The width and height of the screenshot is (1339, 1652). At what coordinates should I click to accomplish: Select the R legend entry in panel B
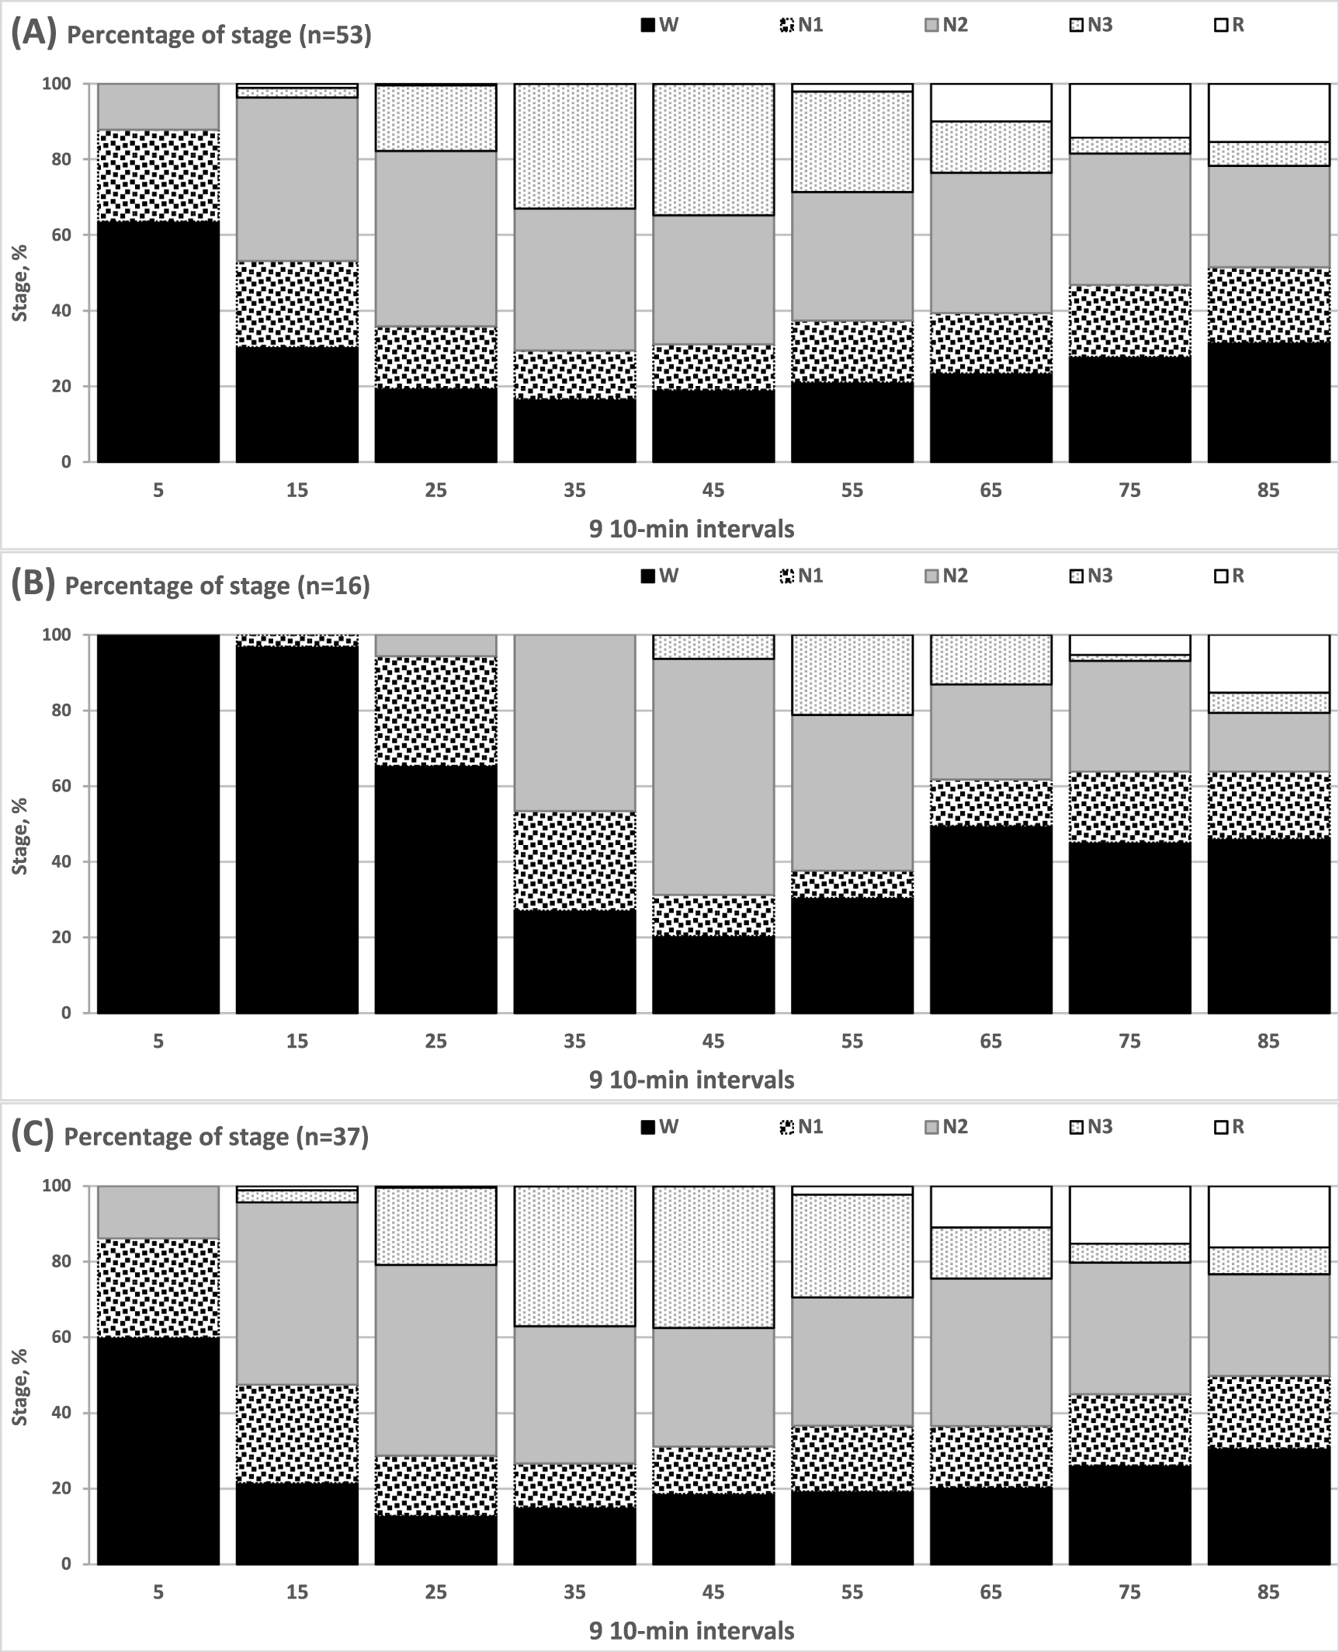1230,576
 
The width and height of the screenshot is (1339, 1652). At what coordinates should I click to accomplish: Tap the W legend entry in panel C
660,1126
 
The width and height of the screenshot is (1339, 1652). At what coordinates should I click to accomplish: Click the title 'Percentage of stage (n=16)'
217,586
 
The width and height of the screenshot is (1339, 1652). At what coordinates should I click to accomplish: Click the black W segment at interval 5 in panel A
158,342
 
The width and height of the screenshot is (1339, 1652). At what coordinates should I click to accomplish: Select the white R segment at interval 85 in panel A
1268,113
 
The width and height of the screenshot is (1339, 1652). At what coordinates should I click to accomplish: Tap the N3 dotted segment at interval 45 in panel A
713,149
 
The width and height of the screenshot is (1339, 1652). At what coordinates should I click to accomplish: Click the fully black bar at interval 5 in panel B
158,823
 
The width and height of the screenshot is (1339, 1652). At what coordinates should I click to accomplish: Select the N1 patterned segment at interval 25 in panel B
435,711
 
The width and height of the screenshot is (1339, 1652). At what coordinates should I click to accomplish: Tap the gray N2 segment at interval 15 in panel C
297,1293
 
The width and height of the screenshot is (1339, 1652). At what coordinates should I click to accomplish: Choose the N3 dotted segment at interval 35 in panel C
574,1256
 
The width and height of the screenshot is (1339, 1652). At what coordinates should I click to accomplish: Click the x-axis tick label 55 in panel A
852,490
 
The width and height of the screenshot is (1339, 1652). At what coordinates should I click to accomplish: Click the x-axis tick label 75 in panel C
1129,1592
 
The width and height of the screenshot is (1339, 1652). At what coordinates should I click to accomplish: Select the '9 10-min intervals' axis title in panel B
692,1080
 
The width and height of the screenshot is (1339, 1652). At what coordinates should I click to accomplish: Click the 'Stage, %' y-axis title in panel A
20,283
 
